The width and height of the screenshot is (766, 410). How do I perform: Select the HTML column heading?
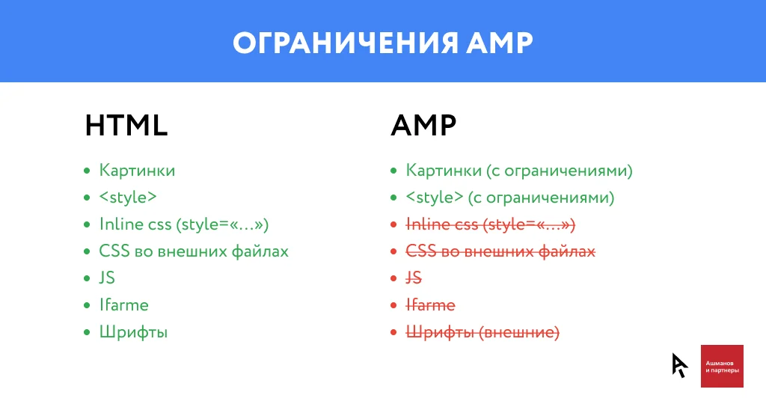click(126, 126)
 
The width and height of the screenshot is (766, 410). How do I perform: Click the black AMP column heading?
click(423, 126)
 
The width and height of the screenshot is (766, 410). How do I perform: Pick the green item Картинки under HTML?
click(137, 171)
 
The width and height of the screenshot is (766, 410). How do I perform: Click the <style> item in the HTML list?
click(128, 198)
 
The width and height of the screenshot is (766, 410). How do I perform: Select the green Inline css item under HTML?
click(183, 224)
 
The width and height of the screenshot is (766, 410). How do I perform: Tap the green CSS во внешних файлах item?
click(194, 251)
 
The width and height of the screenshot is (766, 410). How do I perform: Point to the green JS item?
click(107, 278)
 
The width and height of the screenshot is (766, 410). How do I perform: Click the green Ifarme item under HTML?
click(123, 305)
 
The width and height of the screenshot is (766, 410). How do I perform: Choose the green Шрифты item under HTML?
click(133, 332)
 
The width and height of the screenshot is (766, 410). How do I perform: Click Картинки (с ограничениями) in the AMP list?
click(519, 171)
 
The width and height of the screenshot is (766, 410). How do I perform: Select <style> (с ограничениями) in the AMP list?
click(510, 198)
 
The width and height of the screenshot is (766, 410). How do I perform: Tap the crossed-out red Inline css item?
click(490, 224)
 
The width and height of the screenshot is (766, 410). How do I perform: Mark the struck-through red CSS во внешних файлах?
click(500, 251)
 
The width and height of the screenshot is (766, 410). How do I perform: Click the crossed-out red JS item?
click(414, 278)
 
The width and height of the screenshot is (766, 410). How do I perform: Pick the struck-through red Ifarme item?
click(430, 305)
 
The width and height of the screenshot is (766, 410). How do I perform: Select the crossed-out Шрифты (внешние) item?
click(482, 332)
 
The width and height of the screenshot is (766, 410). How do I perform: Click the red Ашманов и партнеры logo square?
click(722, 366)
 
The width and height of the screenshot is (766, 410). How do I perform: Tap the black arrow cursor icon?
click(679, 364)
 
